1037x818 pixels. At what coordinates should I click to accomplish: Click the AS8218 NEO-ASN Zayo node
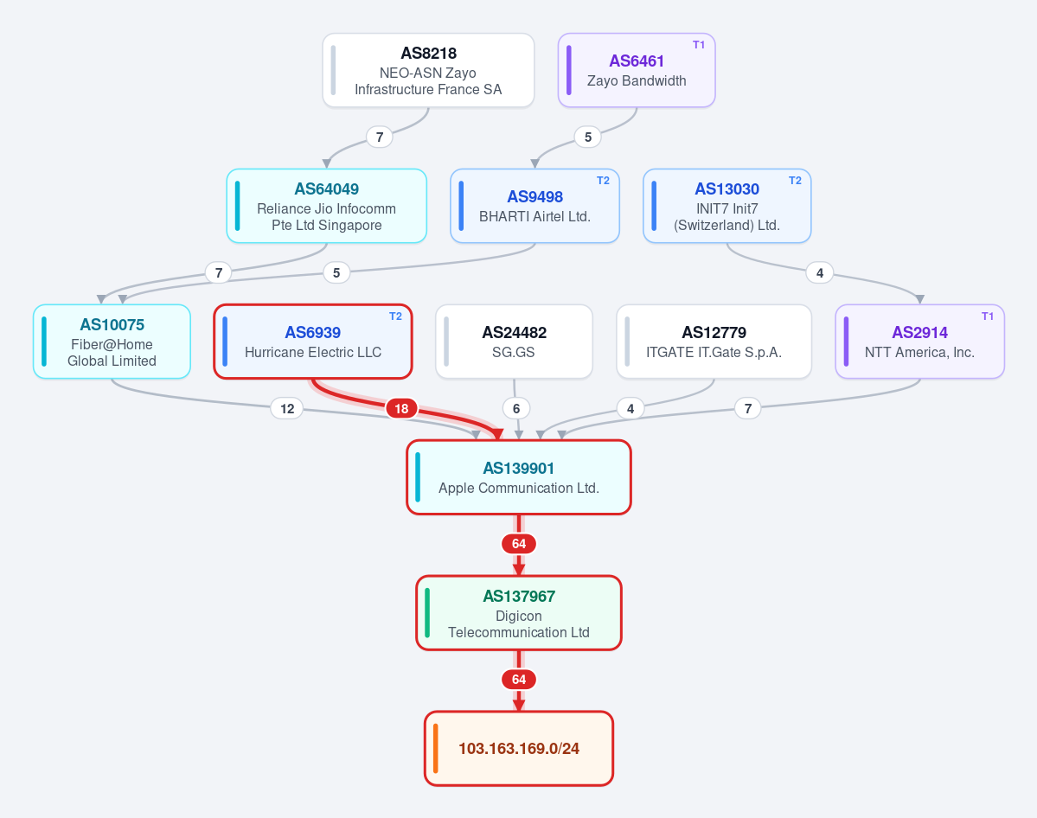tap(428, 70)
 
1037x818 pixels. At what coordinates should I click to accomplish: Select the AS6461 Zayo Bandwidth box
tap(637, 70)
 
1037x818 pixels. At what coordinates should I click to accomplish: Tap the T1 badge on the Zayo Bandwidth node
tap(698, 45)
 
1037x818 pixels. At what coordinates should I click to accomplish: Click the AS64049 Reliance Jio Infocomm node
tap(327, 206)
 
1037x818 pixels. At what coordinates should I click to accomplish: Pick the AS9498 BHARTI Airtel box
tap(535, 206)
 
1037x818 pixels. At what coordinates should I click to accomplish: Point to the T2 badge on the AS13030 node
tap(795, 181)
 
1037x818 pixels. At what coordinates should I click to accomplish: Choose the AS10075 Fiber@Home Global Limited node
tap(112, 342)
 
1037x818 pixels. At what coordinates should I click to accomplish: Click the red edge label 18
tap(401, 409)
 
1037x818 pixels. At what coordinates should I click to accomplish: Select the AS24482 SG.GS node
tap(514, 342)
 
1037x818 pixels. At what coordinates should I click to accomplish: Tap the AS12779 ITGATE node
tap(714, 342)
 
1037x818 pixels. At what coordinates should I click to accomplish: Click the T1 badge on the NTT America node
tap(988, 316)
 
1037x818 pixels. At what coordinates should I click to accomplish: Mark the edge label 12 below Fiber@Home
tap(287, 409)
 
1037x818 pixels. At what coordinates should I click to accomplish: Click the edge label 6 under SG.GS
tap(516, 409)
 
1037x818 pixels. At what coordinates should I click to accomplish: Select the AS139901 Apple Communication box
tap(519, 476)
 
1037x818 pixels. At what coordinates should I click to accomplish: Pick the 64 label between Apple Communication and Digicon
tap(519, 544)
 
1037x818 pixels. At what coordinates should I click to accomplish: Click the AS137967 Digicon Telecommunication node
tap(519, 613)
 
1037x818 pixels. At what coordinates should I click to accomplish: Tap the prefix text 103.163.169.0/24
tap(519, 749)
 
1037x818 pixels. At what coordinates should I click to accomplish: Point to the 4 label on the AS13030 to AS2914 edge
tap(819, 272)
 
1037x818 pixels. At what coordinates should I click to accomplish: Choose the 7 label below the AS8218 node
tap(380, 137)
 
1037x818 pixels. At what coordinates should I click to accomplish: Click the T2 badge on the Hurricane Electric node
tap(395, 316)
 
